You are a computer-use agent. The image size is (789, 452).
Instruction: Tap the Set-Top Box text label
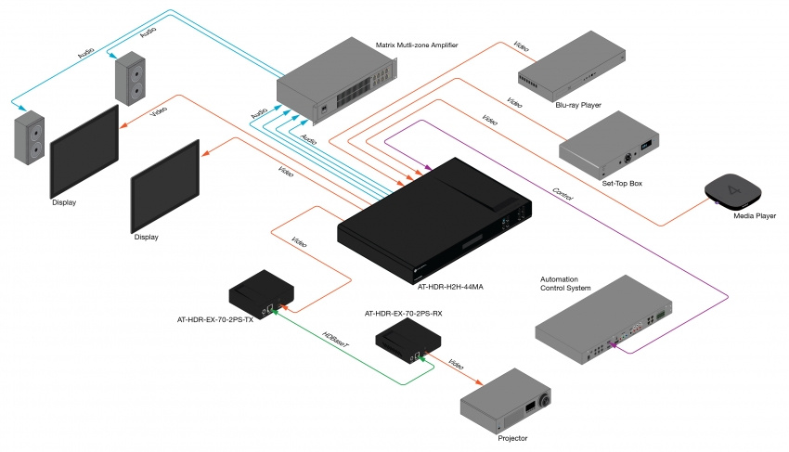coord(621,183)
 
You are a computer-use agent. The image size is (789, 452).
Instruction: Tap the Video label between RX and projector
coord(457,362)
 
